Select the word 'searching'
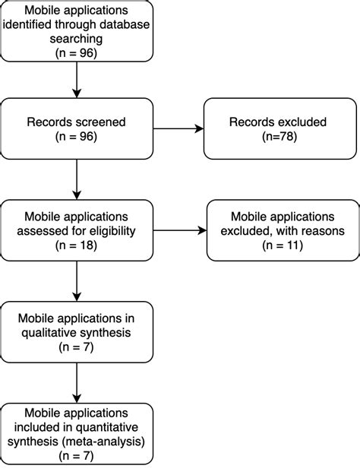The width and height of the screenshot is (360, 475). coord(77,41)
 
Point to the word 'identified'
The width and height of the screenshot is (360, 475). coord(46,27)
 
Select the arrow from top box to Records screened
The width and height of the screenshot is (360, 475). coord(77,80)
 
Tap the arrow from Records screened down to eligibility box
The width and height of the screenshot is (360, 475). coord(77,179)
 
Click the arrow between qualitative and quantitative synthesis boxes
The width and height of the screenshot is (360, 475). coord(77,384)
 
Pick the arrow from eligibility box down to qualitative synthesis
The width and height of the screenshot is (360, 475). coord(77,281)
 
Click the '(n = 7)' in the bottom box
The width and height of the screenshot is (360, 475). coord(77,455)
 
